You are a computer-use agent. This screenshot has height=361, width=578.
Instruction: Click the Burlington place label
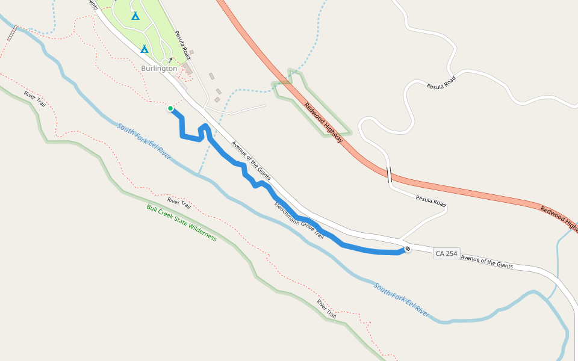tap(159, 69)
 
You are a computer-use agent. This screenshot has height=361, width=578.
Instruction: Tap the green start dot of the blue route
tap(170, 109)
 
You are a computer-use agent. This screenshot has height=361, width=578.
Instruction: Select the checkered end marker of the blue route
tap(408, 248)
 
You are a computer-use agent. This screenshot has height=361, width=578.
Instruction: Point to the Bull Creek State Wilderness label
tap(181, 223)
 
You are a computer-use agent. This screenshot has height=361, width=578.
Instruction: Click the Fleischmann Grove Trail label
tap(299, 220)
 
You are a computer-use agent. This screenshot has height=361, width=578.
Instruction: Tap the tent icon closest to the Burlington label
tap(144, 49)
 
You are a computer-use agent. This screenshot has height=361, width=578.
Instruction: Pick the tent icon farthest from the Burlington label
tap(135, 16)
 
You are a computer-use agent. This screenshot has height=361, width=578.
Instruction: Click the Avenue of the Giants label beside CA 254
tap(486, 261)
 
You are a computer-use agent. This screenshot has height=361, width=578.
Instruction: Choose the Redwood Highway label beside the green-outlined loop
tap(323, 123)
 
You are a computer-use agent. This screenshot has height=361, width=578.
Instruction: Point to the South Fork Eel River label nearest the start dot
tap(144, 141)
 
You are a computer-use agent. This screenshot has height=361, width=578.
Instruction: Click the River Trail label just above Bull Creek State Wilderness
tap(179, 203)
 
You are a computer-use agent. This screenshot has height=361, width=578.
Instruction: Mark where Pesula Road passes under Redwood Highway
tap(389, 175)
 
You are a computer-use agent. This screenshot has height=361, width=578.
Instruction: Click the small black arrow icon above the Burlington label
tap(170, 60)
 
